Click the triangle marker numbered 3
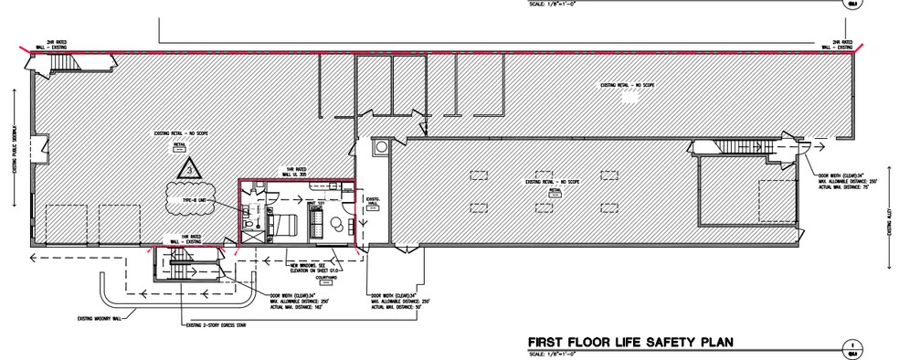188,169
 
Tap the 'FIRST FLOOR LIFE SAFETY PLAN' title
631,344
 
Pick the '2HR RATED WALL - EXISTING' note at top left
46,43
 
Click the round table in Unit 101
340,225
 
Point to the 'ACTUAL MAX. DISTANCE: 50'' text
397,306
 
